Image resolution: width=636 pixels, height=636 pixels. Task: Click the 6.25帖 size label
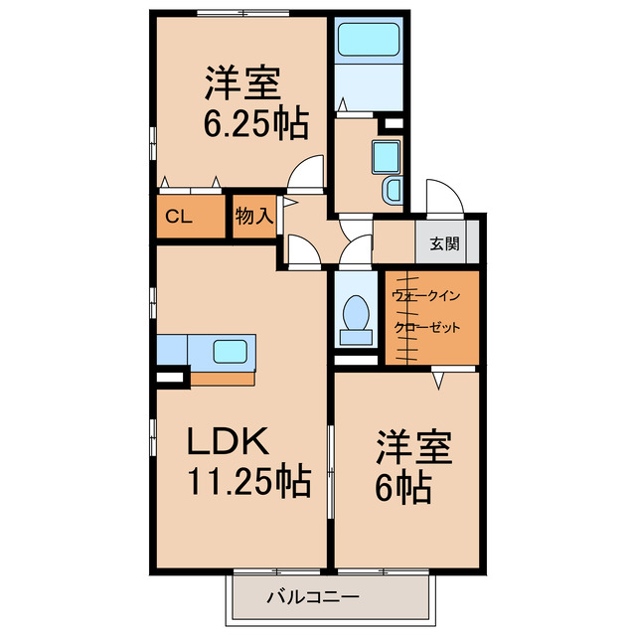click(x=256, y=123)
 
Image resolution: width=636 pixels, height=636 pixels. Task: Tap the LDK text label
click(x=228, y=441)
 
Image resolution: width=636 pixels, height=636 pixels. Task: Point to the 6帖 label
click(x=403, y=487)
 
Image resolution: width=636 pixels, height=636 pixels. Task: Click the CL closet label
click(x=179, y=217)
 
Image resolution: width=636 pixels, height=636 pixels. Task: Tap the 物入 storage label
click(x=254, y=216)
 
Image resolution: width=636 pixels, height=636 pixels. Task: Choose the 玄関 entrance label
click(x=444, y=243)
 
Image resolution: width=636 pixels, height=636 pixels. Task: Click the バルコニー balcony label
click(x=313, y=596)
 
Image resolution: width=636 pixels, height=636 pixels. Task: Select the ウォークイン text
click(x=426, y=296)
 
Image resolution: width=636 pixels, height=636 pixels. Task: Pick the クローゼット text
click(x=427, y=327)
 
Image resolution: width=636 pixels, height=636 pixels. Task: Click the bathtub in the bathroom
click(x=369, y=40)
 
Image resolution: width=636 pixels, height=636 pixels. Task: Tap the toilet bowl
click(x=356, y=312)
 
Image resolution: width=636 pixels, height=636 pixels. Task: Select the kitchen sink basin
click(x=230, y=351)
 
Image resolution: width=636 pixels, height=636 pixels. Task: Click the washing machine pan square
click(x=386, y=157)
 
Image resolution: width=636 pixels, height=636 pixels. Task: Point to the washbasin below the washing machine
click(x=392, y=190)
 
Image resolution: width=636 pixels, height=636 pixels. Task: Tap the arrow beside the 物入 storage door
click(x=289, y=203)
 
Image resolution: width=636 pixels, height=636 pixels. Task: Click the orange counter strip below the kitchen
click(x=223, y=379)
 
